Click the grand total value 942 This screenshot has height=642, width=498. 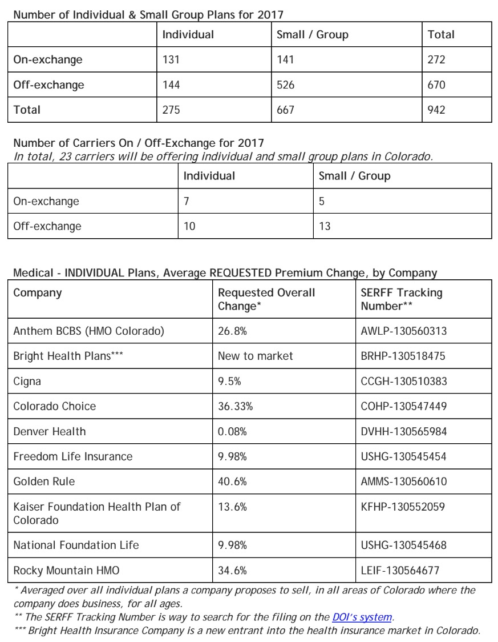436,110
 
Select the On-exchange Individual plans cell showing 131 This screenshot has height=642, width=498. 171,60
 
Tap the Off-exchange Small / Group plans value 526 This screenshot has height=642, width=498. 285,86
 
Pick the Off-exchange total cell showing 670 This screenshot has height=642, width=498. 436,86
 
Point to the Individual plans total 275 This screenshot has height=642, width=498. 171,110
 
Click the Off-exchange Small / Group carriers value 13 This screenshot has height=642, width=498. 324,226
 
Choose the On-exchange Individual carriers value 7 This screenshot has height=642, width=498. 186,201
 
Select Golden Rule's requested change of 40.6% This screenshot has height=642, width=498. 232,481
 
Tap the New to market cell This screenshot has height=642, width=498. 255,356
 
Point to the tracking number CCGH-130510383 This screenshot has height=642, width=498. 403,382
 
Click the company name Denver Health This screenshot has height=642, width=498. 50,431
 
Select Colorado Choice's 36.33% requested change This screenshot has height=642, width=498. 235,406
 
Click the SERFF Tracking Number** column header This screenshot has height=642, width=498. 402,299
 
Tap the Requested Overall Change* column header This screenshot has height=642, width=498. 266,299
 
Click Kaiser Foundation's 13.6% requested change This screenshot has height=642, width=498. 232,507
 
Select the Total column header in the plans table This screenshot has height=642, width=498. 441,34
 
